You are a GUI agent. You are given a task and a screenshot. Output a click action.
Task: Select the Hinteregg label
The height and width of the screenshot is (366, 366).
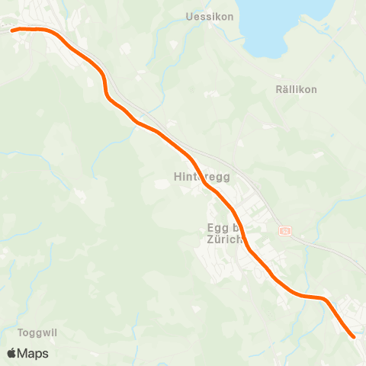tap(201, 178)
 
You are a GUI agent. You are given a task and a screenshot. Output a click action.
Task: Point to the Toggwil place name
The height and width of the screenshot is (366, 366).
tap(37, 333)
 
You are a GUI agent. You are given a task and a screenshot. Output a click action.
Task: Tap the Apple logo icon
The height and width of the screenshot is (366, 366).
tap(11, 353)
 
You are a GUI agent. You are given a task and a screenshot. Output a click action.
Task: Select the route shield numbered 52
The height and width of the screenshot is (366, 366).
tap(285, 230)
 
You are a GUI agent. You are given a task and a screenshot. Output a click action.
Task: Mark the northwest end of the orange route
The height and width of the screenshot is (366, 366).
tap(13, 30)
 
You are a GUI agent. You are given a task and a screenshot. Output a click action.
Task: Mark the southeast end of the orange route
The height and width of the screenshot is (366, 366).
tap(354, 335)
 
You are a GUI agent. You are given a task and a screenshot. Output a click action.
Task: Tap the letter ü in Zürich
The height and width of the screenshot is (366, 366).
tap(217, 239)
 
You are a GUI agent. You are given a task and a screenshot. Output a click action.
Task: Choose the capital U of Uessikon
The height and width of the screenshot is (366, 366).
tap(189, 16)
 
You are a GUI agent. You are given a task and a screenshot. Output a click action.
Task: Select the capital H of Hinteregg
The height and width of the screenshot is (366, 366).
tap(178, 178)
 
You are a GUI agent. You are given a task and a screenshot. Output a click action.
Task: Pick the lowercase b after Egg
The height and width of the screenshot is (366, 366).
tap(238, 227)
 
